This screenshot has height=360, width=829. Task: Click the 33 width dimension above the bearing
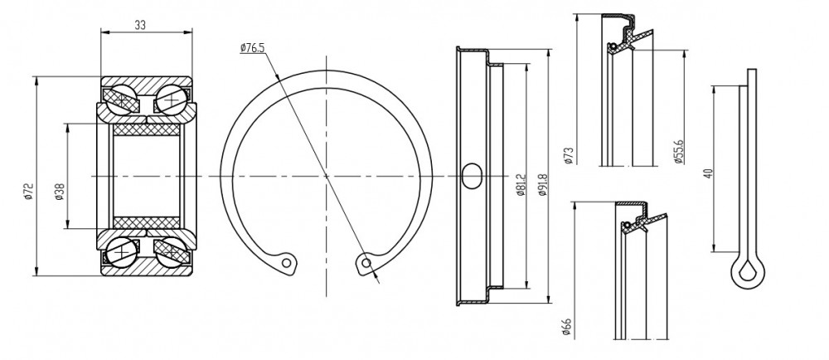pyautogui.click(x=140, y=24)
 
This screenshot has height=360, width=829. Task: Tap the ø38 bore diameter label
pyautogui.click(x=59, y=192)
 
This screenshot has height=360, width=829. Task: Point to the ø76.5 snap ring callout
pyautogui.click(x=252, y=48)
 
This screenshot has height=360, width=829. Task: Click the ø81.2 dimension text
pyautogui.click(x=520, y=184)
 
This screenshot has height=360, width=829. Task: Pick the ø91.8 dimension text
pyautogui.click(x=542, y=184)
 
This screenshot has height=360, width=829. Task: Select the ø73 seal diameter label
pyautogui.click(x=569, y=156)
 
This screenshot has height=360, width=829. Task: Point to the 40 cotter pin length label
pyautogui.click(x=709, y=173)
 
